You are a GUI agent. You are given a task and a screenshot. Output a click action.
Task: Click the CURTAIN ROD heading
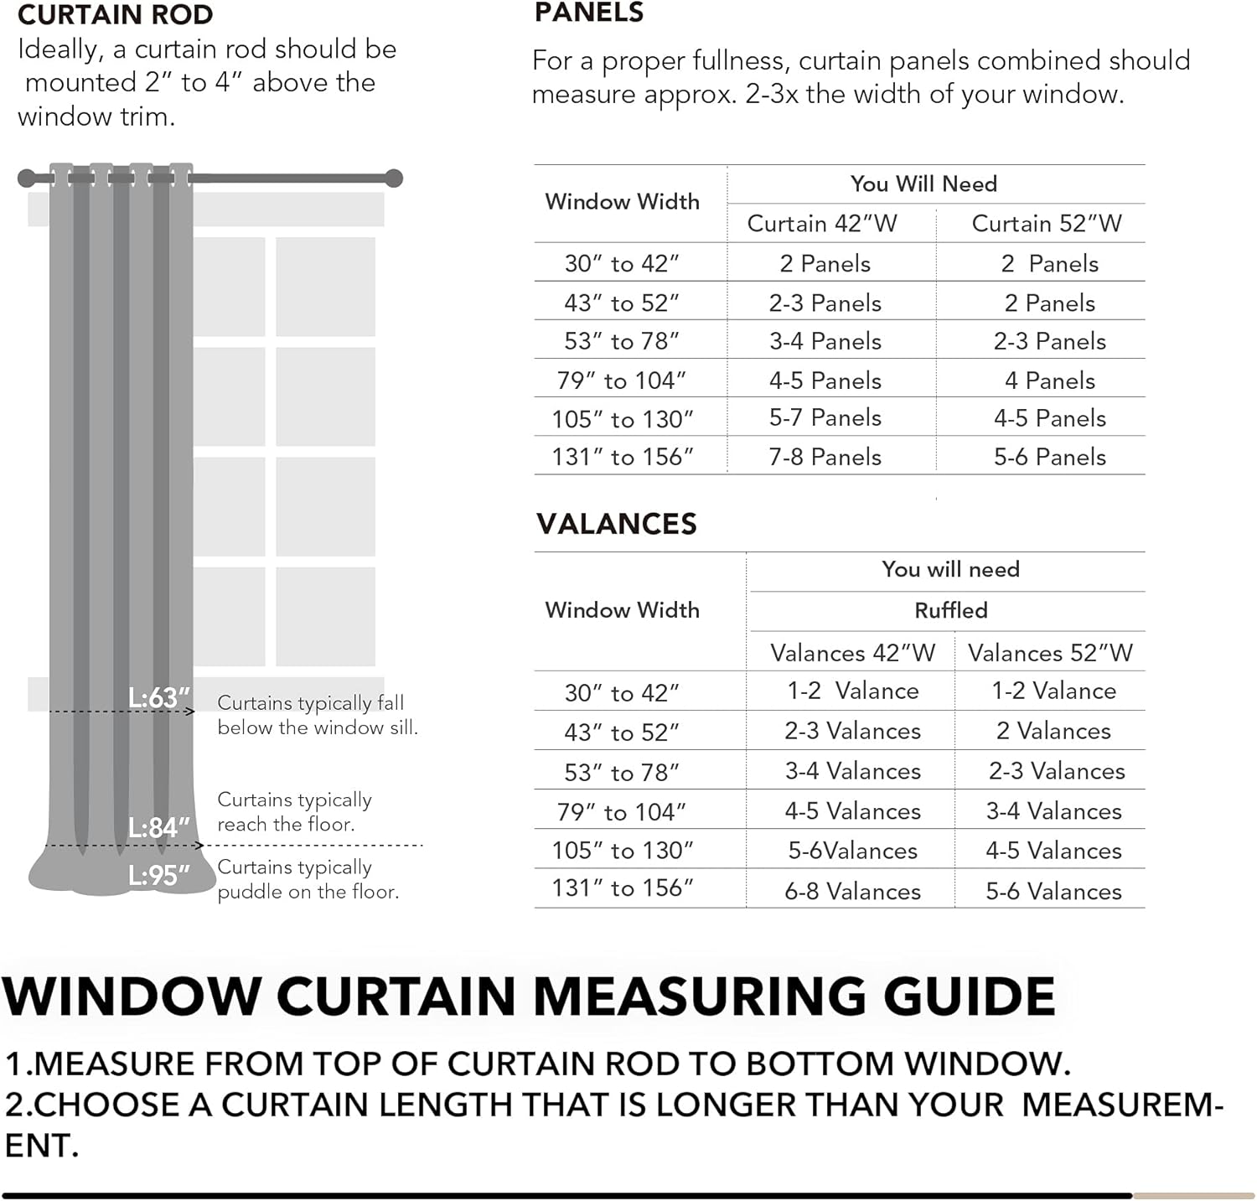[115, 14]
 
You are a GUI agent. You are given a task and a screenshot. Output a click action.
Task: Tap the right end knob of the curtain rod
[394, 178]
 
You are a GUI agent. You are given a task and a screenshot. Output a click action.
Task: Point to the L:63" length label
[159, 697]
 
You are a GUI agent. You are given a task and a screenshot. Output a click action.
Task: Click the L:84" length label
[159, 827]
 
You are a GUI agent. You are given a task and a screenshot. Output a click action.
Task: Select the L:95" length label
[159, 876]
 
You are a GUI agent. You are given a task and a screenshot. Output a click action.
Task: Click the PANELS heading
[589, 13]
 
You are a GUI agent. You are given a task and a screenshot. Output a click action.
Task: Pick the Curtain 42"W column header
[822, 224]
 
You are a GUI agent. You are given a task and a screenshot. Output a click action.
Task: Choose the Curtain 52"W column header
[1047, 224]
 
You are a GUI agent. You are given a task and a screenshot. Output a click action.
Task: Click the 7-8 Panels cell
[825, 457]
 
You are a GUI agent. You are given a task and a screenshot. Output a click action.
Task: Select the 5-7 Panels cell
[825, 418]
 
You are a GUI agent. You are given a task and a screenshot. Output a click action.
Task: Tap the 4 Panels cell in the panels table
[1050, 380]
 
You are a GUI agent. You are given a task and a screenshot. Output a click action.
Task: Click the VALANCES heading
[617, 524]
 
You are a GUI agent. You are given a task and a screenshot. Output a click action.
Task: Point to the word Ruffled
[951, 610]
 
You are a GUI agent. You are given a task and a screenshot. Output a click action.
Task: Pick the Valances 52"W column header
[1050, 653]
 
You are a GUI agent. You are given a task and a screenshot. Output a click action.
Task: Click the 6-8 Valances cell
[852, 891]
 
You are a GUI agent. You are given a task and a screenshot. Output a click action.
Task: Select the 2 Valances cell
[1053, 731]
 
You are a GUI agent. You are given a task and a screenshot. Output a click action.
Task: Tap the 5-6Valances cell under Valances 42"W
[852, 851]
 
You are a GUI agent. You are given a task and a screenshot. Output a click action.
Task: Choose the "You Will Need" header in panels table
[923, 184]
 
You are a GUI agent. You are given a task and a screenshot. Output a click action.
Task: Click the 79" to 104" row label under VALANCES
[622, 811]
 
